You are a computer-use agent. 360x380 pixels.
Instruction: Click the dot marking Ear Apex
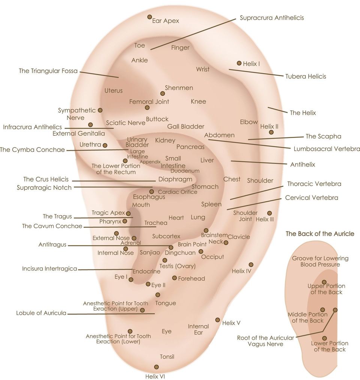coord(150,17)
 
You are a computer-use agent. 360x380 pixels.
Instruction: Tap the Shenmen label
coord(179,88)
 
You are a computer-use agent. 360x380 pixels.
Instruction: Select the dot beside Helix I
coord(239,63)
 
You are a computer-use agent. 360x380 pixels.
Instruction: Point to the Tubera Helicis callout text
coord(306,77)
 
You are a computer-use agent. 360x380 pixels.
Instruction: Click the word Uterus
coord(114,91)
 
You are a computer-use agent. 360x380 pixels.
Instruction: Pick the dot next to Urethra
coord(105,146)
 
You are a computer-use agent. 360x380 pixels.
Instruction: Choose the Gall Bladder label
coord(186,126)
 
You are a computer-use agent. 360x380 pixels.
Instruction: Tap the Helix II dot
coord(271,132)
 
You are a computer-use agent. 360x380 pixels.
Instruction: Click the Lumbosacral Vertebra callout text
coord(327,149)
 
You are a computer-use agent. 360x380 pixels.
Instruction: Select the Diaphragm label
coord(175,179)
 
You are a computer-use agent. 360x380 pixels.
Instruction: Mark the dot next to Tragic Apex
coord(128,213)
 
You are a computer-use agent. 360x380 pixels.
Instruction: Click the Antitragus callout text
coord(52,245)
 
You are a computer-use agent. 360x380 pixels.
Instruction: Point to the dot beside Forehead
coord(174,278)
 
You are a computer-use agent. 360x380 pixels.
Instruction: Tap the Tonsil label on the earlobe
coord(167,357)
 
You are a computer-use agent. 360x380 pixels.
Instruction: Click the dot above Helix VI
coord(156,367)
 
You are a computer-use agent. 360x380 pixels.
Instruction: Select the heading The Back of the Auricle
coord(320,234)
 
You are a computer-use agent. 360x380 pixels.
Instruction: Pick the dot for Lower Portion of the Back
coord(324,338)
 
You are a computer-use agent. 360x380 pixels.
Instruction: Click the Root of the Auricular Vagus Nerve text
coord(265,341)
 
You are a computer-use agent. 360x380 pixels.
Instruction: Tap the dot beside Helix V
coord(217,320)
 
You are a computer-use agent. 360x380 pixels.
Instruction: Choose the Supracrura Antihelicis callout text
coord(272,18)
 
